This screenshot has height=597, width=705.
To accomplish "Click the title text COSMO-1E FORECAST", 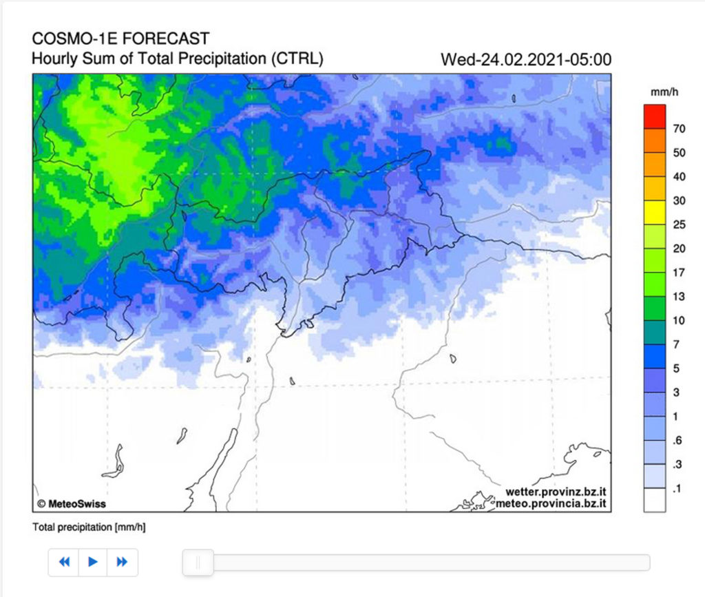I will [120, 39].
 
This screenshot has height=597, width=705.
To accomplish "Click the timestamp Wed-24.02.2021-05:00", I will [526, 59].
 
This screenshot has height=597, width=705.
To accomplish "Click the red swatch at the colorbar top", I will [655, 116].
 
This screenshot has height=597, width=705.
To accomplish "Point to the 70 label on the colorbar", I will [679, 128].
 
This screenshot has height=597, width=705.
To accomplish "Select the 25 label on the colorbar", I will [679, 224].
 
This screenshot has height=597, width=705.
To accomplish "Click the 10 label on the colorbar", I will [679, 320].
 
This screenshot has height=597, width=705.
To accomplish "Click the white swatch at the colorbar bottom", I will [655, 500].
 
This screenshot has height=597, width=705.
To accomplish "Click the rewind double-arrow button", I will [64, 562].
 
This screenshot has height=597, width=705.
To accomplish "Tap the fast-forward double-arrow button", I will [122, 562].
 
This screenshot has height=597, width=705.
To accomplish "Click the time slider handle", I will [198, 563].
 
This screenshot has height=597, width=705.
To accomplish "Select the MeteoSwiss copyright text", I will [72, 503].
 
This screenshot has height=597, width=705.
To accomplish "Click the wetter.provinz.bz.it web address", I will [555, 492].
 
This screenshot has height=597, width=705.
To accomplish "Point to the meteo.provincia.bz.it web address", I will [551, 504].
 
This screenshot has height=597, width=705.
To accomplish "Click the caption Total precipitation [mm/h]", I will [89, 527].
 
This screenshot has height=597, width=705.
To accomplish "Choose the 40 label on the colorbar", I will [679, 176].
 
